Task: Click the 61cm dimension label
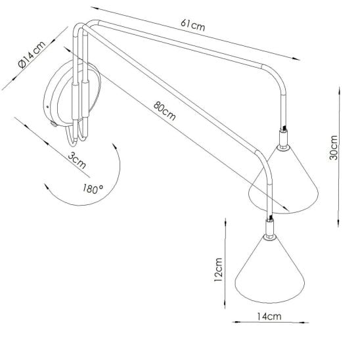tap(192, 25)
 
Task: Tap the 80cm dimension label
tap(164, 110)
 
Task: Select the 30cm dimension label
tap(334, 148)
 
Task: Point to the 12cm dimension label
tap(218, 269)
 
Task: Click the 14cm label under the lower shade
tap(269, 317)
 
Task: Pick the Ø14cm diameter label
tap(32, 55)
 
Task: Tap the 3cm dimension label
tap(77, 160)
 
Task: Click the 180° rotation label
tap(93, 189)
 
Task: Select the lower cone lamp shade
tap(270, 271)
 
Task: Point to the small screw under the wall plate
tap(54, 124)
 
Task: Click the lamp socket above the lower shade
tap(269, 227)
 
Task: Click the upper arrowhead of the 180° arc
tap(115, 147)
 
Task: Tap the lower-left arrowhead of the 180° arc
tap(47, 187)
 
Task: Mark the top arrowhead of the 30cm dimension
tap(339, 91)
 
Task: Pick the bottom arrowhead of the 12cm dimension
tap(225, 304)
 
